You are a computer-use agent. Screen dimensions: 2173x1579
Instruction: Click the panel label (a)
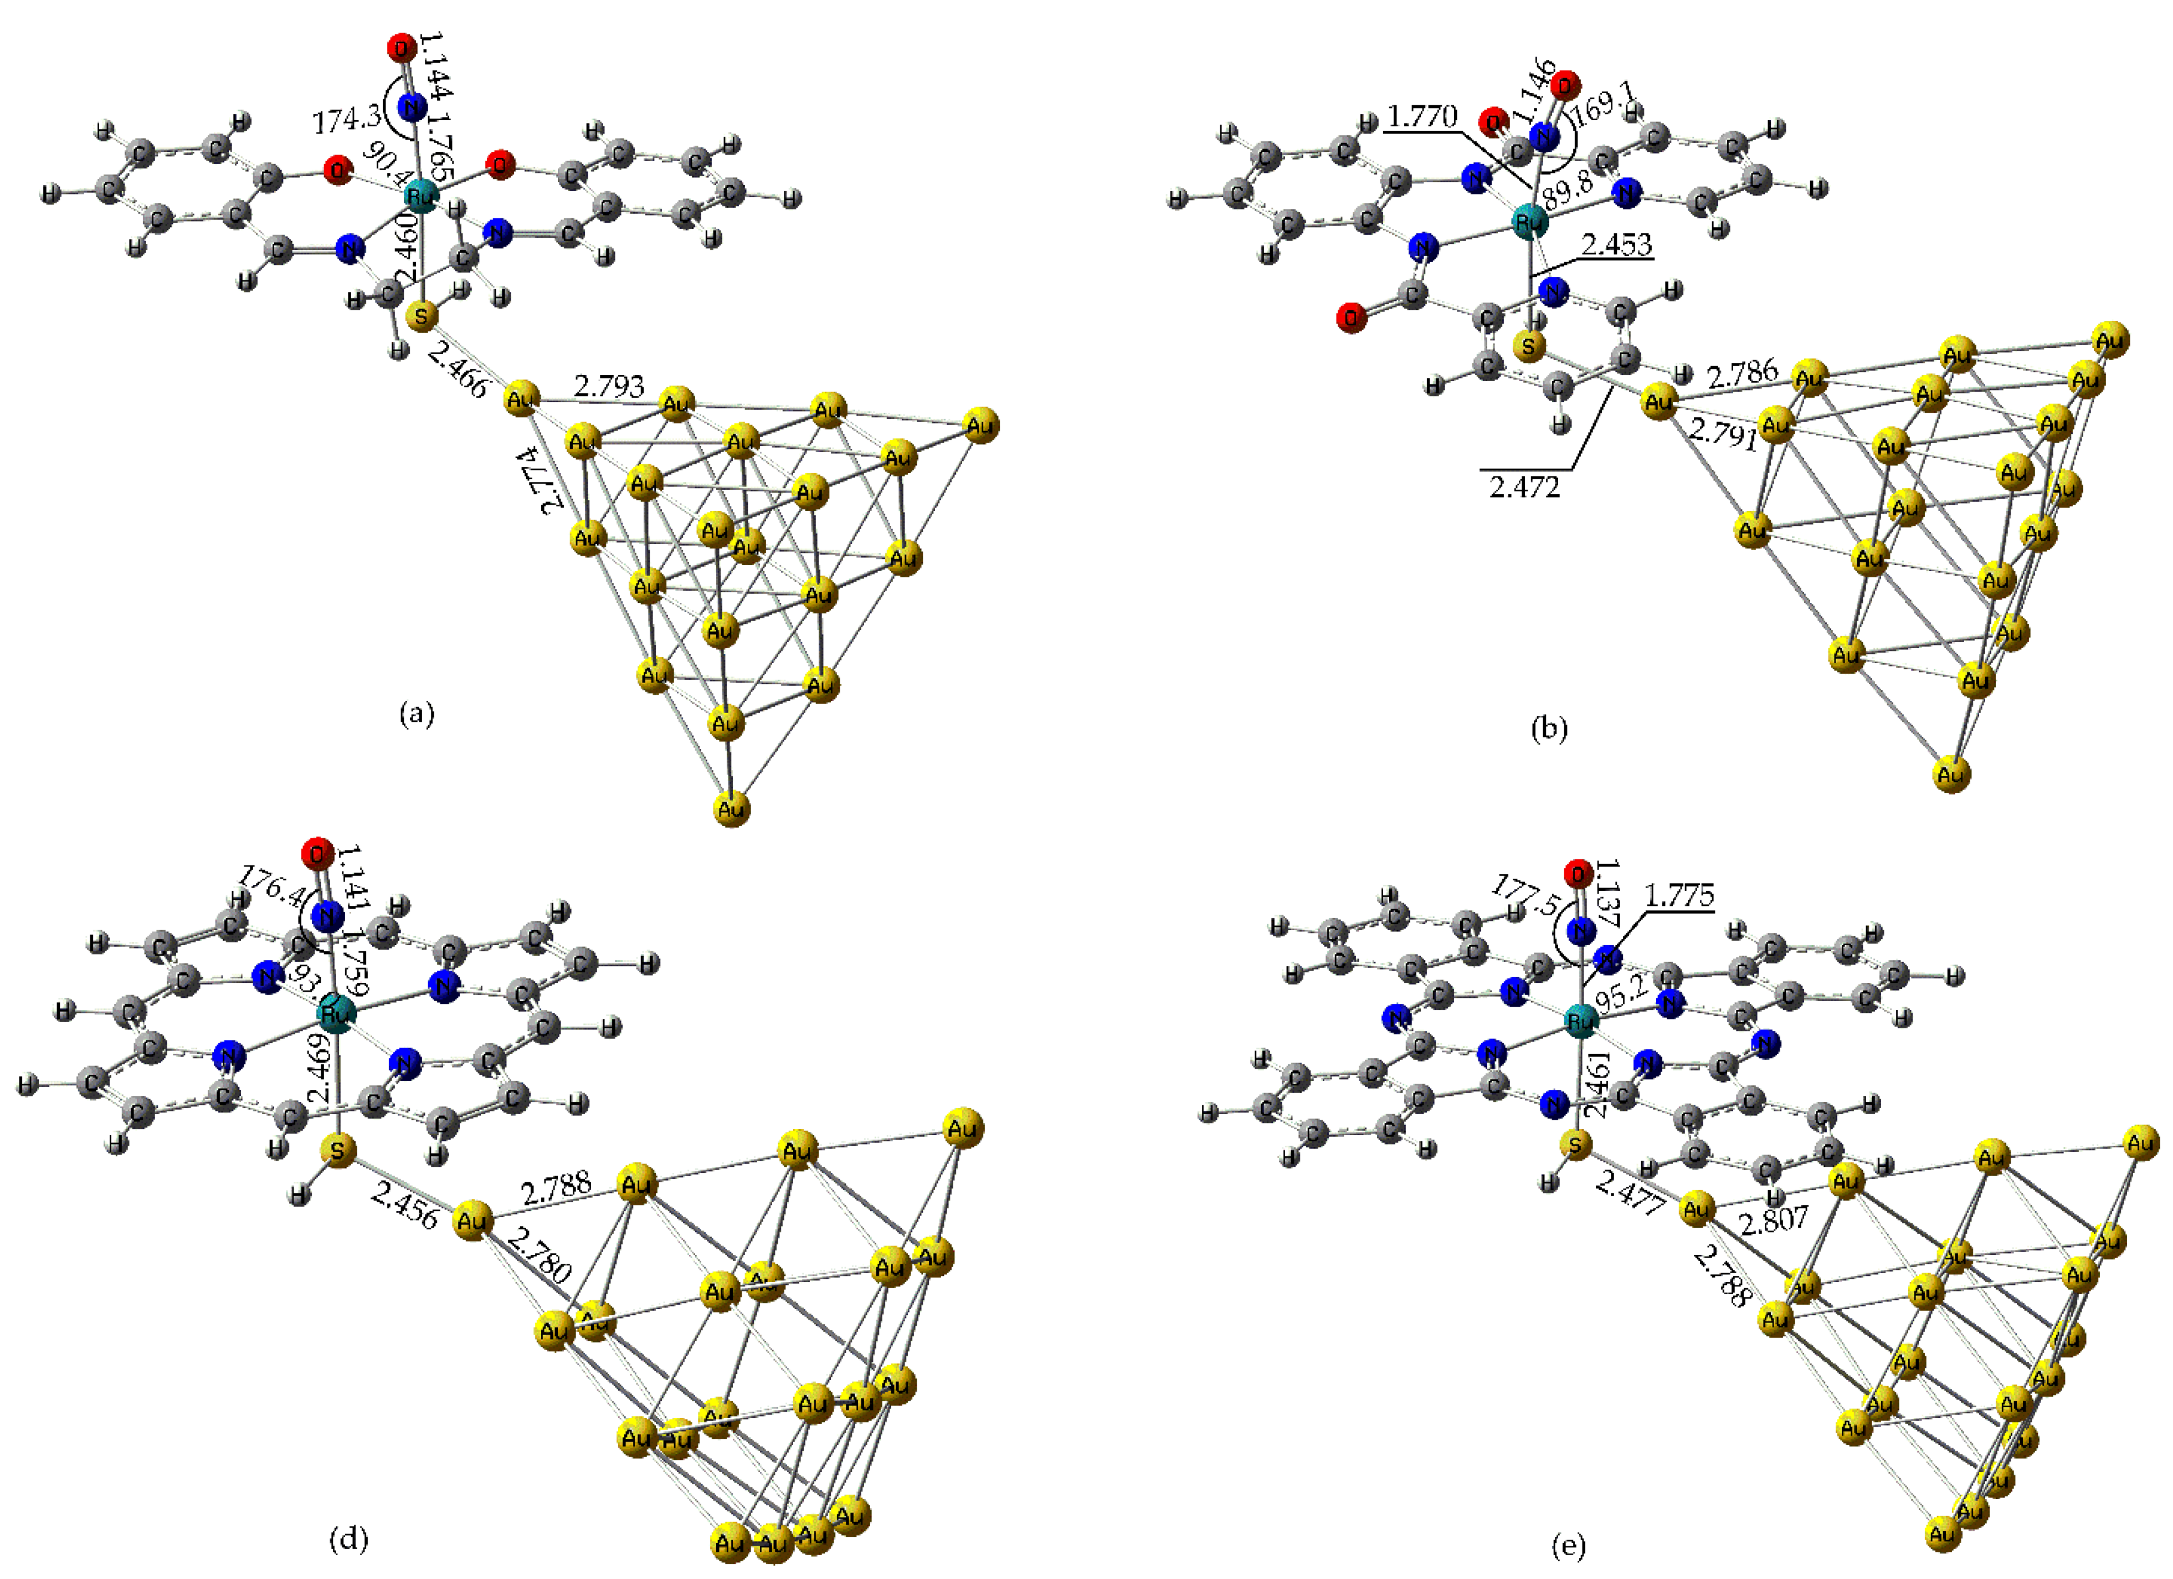coord(416,713)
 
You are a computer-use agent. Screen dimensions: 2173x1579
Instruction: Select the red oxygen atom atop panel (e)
coord(1578,873)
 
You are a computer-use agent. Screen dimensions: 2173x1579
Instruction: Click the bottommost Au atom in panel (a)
coord(731,809)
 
